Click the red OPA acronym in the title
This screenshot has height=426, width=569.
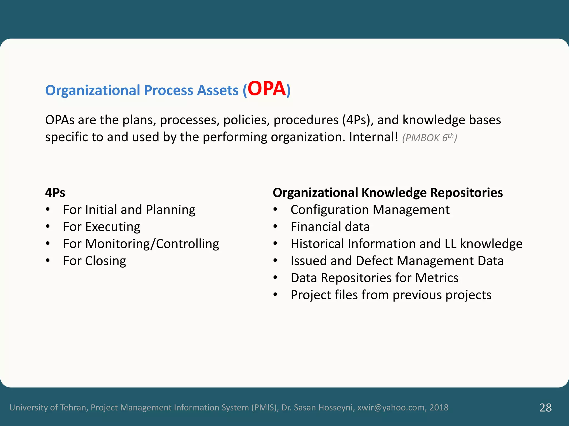pyautogui.click(x=266, y=89)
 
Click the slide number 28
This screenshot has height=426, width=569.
pyautogui.click(x=545, y=408)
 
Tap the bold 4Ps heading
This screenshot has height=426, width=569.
pyautogui.click(x=55, y=192)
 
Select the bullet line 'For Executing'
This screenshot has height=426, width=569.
pyautogui.click(x=101, y=227)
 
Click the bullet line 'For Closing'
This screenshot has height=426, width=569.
pyautogui.click(x=94, y=261)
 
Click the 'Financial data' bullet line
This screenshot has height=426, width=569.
pyautogui.click(x=330, y=227)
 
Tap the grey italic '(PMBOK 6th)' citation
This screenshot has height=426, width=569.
pyautogui.click(x=429, y=138)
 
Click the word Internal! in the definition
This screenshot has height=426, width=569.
pyautogui.click(x=373, y=137)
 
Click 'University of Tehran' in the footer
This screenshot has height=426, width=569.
pyautogui.click(x=49, y=407)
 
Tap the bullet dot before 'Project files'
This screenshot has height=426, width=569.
pyautogui.click(x=275, y=295)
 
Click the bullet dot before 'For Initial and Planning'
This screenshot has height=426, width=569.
pyautogui.click(x=48, y=210)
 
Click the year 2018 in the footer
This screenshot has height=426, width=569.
pyautogui.click(x=439, y=407)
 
